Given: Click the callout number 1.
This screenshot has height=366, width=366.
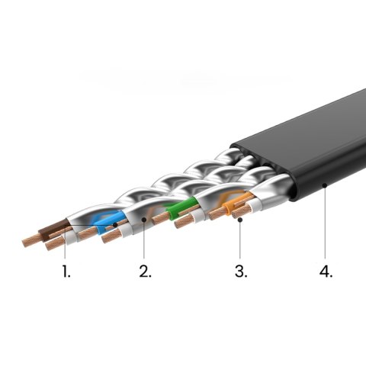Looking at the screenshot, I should click(x=66, y=271).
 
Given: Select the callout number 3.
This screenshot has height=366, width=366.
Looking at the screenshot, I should click(x=240, y=271).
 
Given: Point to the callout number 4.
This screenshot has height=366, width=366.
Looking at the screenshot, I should click(x=326, y=271).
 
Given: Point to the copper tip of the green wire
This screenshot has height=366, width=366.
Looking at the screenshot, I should click(x=159, y=219).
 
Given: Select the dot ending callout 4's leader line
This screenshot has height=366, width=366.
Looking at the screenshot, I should click(x=325, y=184).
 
